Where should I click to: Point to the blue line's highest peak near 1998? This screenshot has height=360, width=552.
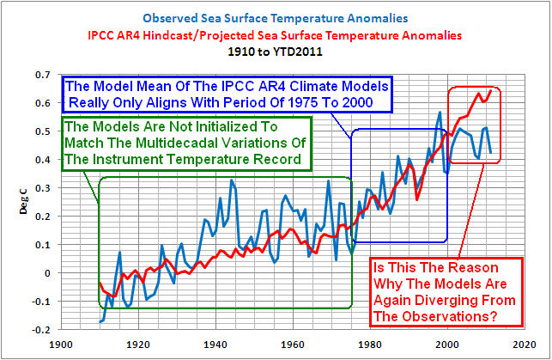[x=440, y=112]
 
